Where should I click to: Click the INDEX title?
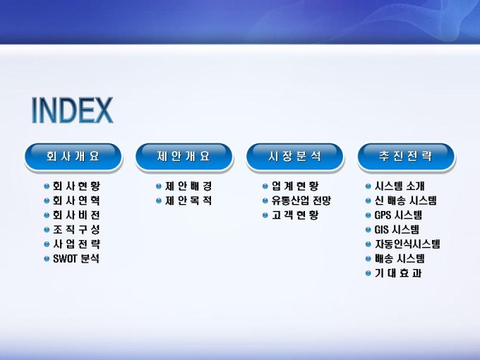72,110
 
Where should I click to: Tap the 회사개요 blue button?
73,157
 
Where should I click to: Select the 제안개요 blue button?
184,157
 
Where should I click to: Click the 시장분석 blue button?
295,157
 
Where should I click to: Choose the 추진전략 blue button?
406,157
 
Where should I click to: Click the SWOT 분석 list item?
76,258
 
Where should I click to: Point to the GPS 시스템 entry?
398,215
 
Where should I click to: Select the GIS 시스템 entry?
397,229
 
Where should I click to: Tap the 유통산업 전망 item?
301,200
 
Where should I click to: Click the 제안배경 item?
188,186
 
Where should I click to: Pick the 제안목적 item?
188,200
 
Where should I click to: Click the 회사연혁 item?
76,200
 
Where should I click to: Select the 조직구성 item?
76,229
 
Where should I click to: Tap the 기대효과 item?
398,273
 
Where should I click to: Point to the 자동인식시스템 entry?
407,244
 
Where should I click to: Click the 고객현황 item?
295,215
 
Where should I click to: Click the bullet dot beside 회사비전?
47,215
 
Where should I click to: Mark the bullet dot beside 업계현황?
265,186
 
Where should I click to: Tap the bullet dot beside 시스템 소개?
368,186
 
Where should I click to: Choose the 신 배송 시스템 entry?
406,200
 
